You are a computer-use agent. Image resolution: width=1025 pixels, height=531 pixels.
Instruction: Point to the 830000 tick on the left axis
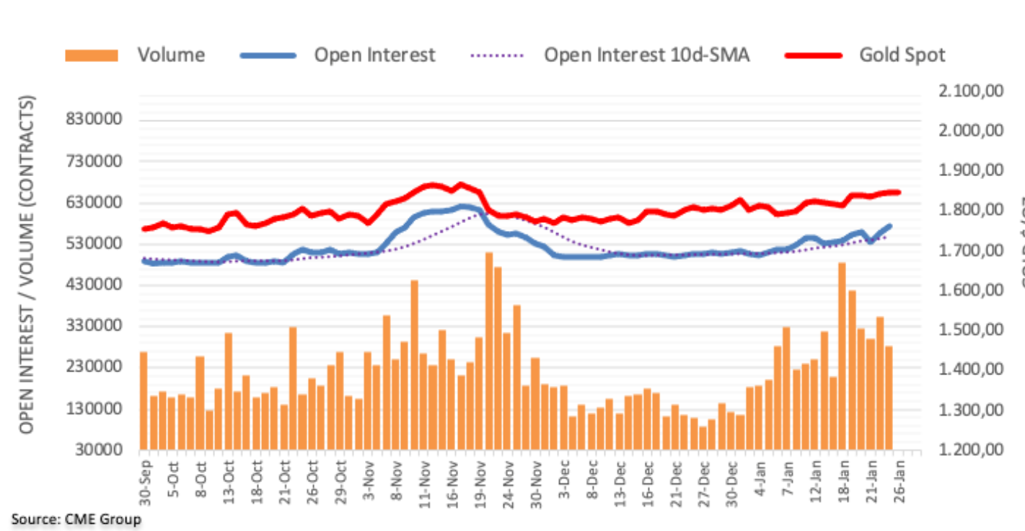[94, 119]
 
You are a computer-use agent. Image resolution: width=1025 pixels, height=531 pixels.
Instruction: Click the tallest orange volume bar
[488, 351]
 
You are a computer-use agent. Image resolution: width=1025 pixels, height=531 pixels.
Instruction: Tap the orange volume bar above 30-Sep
[143, 400]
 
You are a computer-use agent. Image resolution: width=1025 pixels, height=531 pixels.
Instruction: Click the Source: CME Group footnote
[76, 519]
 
